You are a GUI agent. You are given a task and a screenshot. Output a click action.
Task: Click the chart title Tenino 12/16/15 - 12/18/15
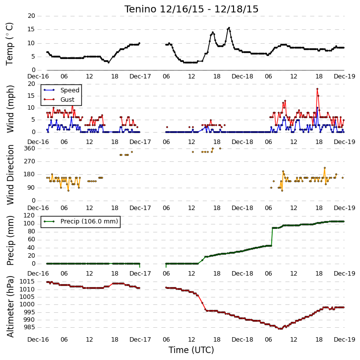[x=191, y=9]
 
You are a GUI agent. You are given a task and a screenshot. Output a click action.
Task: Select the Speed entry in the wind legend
[x=61, y=90]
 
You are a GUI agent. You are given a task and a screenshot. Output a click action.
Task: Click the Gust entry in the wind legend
[x=59, y=99]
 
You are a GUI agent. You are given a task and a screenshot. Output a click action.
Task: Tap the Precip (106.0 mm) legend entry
[x=81, y=221]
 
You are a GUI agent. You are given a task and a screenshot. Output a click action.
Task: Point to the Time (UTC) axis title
[x=191, y=350]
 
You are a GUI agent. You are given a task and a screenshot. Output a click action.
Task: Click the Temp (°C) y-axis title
[x=9, y=44]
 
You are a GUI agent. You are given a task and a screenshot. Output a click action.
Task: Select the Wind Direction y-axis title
[x=10, y=175]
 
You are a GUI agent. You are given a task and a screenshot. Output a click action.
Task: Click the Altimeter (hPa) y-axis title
[x=10, y=306]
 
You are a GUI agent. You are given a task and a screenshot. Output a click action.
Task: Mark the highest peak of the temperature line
[x=229, y=28]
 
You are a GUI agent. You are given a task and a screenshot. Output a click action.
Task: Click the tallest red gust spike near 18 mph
[x=317, y=89]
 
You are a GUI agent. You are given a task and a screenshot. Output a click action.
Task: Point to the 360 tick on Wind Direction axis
[x=29, y=148]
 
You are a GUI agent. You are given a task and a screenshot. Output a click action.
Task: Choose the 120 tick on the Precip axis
[x=29, y=216]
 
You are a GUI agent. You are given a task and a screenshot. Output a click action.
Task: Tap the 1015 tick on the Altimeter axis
[x=27, y=282]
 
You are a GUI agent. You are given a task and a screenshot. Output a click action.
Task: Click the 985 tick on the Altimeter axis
[x=29, y=327]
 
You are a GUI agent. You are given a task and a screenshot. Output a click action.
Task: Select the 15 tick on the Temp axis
[x=31, y=29]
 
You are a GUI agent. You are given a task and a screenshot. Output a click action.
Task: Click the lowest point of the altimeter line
[x=280, y=329]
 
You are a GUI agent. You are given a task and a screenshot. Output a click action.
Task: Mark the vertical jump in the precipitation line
[x=272, y=237]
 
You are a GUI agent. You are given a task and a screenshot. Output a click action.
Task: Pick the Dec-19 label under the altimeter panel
[x=345, y=340]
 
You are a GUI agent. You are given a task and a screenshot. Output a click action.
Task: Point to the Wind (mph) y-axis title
[x=10, y=109]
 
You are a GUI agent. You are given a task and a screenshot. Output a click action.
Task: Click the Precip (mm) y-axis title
[x=10, y=240]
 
